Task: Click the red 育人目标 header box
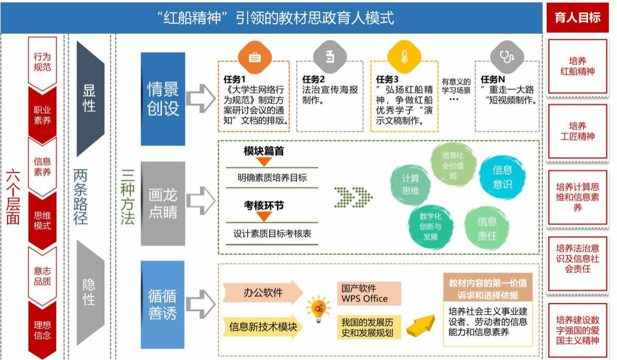577,17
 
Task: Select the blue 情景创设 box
163,99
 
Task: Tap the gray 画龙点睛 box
163,203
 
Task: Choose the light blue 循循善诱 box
163,304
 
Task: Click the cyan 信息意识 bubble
502,177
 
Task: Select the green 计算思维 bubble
410,184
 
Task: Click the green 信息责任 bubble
487,227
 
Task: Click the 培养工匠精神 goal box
577,130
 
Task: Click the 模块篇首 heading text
263,151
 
